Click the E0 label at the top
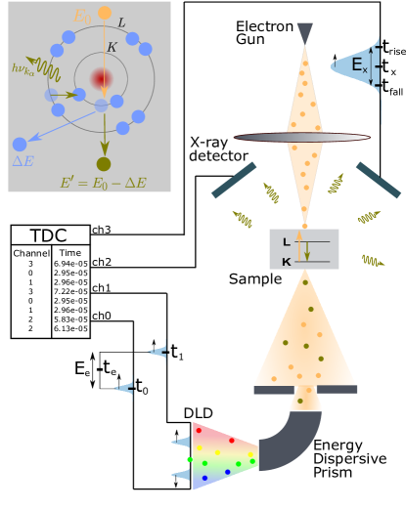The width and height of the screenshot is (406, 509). coord(82,16)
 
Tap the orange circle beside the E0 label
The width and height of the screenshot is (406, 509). coord(105,13)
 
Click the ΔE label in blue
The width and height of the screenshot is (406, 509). coord(23,161)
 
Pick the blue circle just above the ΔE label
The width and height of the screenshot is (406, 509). coord(20,144)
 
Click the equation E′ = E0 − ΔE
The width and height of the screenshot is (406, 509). coord(103,183)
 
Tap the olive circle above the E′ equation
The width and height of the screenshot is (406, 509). coord(104,164)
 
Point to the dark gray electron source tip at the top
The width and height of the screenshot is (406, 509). coord(304,32)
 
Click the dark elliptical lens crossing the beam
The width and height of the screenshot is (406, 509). coord(301,138)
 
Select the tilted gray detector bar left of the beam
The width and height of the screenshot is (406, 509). coord(234,181)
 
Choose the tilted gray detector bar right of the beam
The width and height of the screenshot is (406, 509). coord(378,181)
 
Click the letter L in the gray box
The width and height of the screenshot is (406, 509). coord(286,241)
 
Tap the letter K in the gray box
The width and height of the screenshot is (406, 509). coord(286,261)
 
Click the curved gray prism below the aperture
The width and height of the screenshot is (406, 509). coord(293,444)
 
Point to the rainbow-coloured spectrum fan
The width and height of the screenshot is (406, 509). coord(223,454)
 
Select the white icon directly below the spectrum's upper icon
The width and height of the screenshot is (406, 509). coord(181,475)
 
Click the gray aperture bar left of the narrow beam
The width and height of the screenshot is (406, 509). coord(274,390)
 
